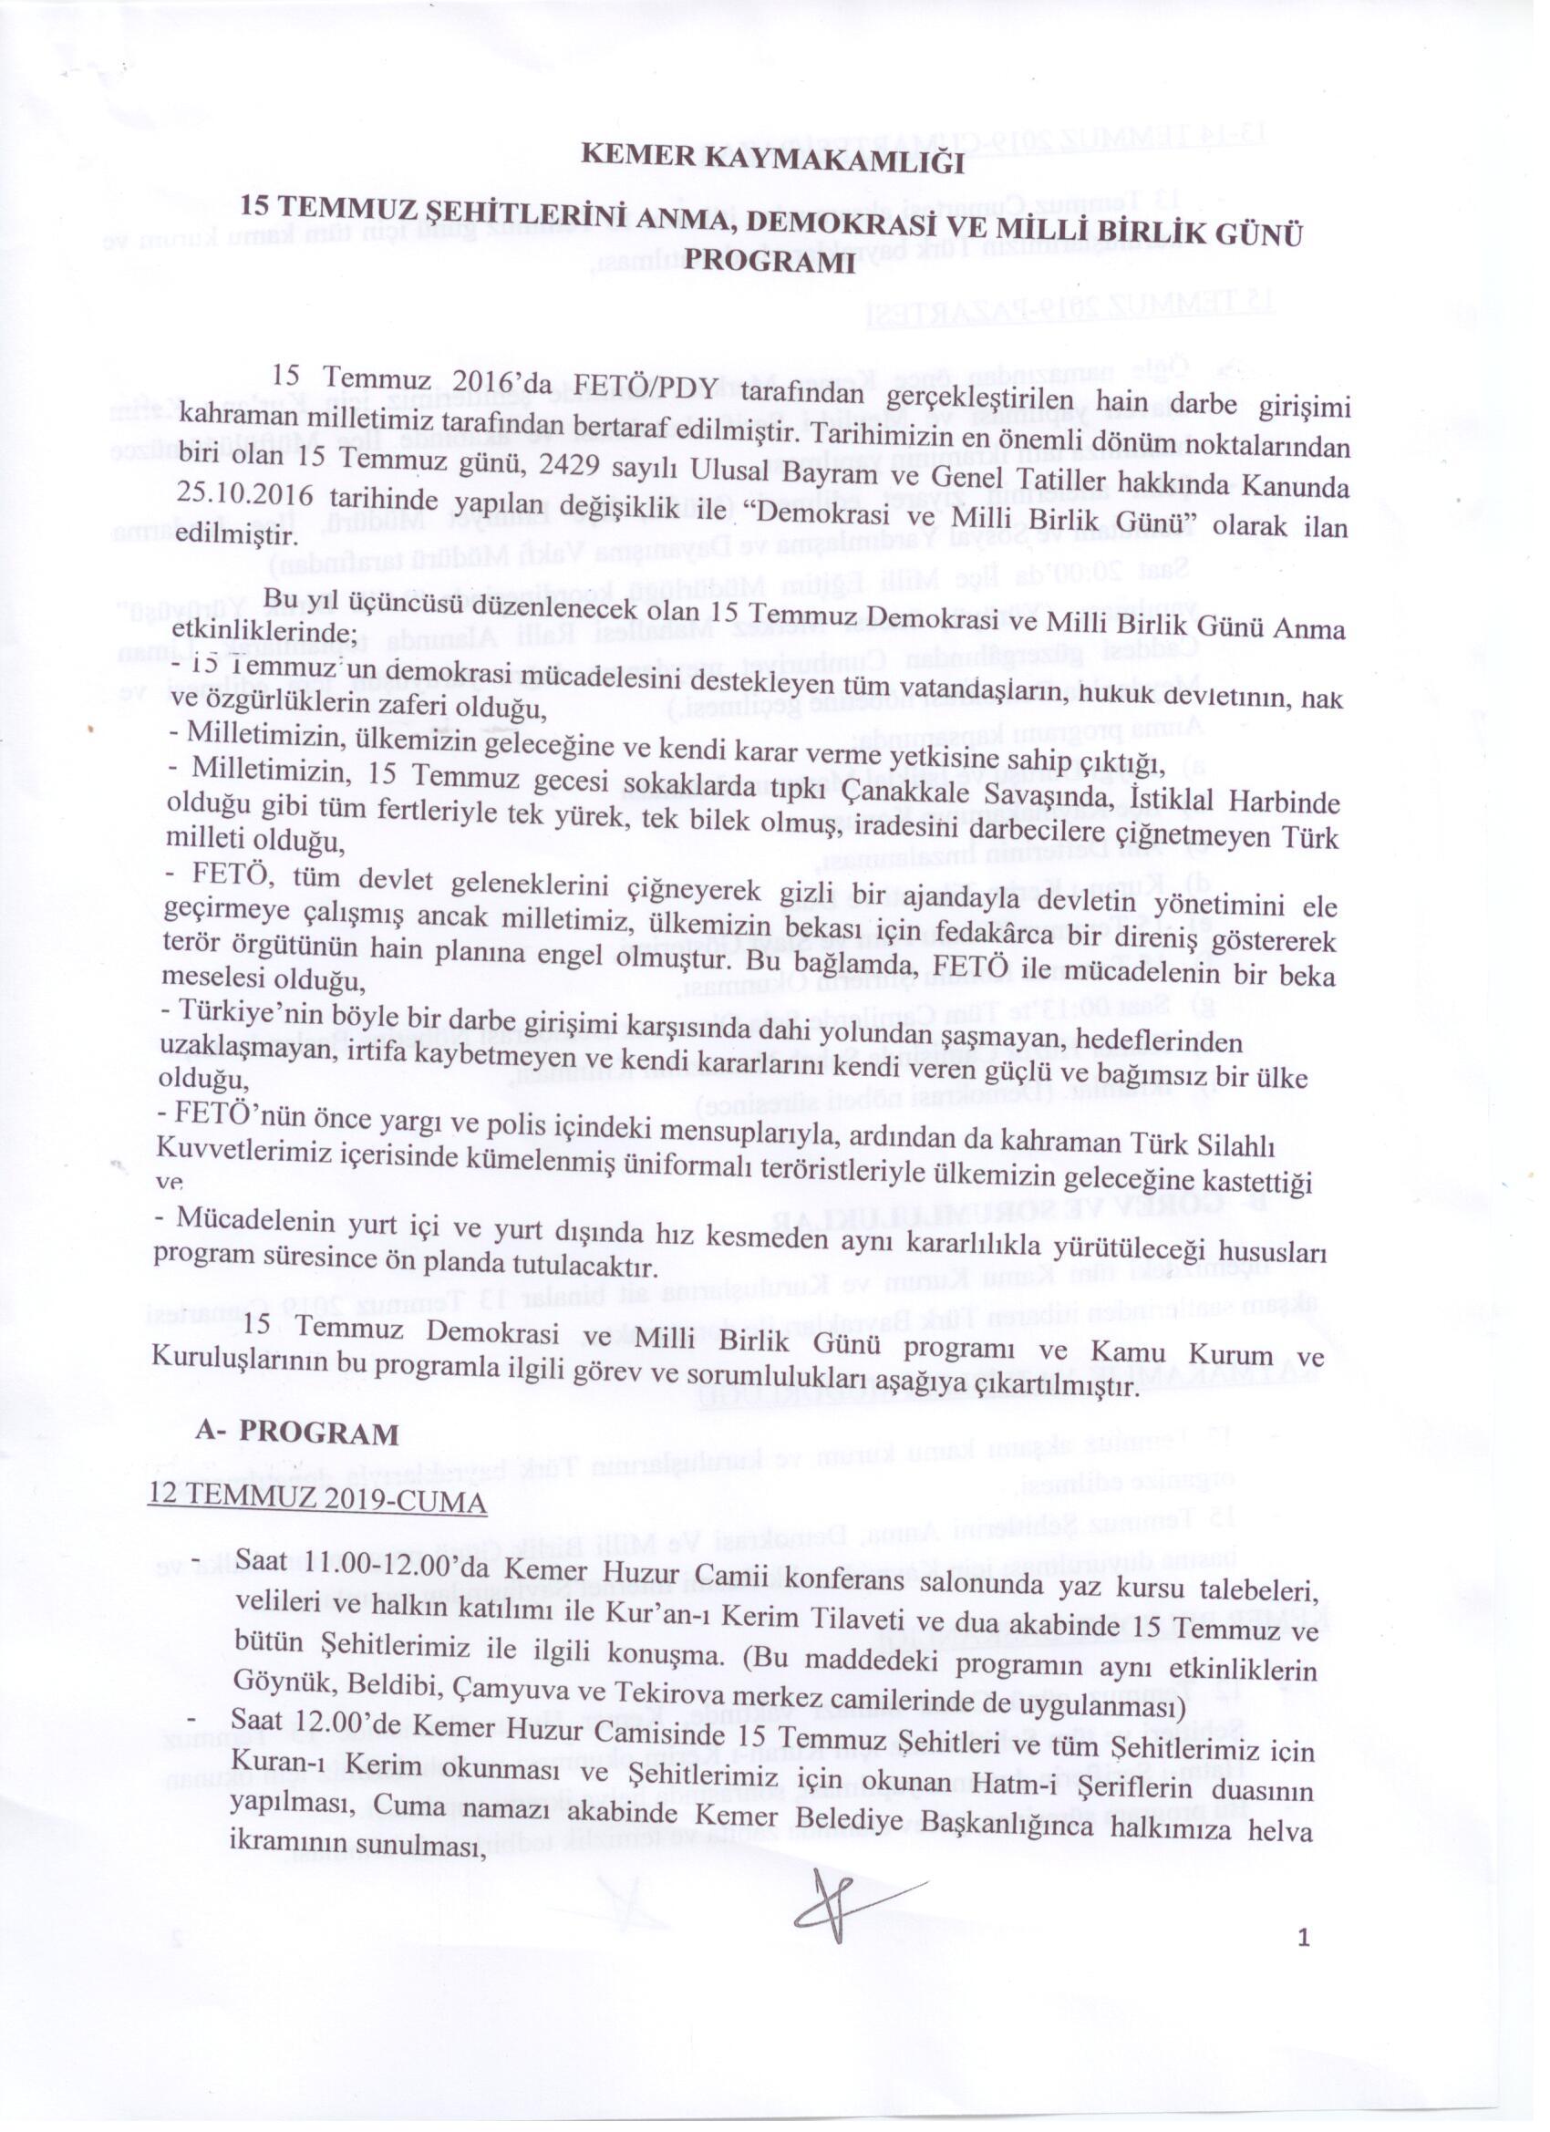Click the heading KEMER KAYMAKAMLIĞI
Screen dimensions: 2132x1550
click(x=771, y=160)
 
